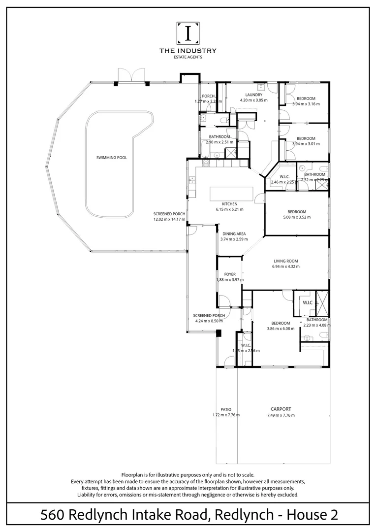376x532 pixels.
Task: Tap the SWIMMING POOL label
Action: click(112, 158)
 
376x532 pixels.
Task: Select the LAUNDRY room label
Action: click(253, 95)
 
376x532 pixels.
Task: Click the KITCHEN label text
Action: click(229, 204)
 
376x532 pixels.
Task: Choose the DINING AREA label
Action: click(234, 234)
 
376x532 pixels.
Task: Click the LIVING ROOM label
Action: click(286, 261)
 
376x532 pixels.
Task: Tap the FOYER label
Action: click(230, 274)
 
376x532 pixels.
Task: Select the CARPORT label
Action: click(281, 409)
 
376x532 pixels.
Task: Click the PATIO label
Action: click(226, 409)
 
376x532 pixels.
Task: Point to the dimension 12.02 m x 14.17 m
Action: click(169, 219)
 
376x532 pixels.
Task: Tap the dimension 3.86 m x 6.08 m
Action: click(281, 329)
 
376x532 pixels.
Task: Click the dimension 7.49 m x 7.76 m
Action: click(281, 415)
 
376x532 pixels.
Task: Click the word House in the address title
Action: click(307, 515)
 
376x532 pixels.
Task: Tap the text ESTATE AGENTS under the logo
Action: click(188, 57)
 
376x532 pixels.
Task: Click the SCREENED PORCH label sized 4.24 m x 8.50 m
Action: click(209, 315)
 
